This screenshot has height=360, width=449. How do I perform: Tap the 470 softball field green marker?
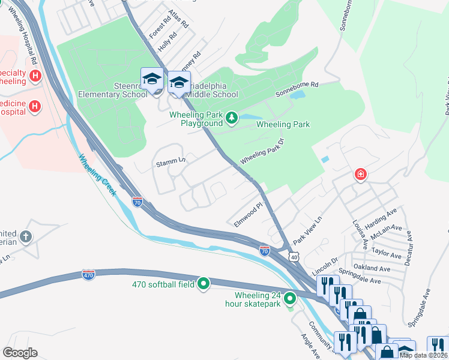tap(203, 284)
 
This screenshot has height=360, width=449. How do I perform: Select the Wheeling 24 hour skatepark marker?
tap(290, 298)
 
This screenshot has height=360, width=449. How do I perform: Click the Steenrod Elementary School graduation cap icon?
tap(152, 79)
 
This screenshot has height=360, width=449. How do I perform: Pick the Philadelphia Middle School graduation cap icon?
tap(179, 83)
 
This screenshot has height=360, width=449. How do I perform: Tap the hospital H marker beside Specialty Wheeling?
tap(35, 76)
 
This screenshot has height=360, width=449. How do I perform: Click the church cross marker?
tap(25, 236)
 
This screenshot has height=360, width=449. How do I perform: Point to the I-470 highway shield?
tap(89, 274)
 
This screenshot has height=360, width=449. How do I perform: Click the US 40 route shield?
tap(293, 256)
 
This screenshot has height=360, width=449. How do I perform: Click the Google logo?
tap(20, 353)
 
